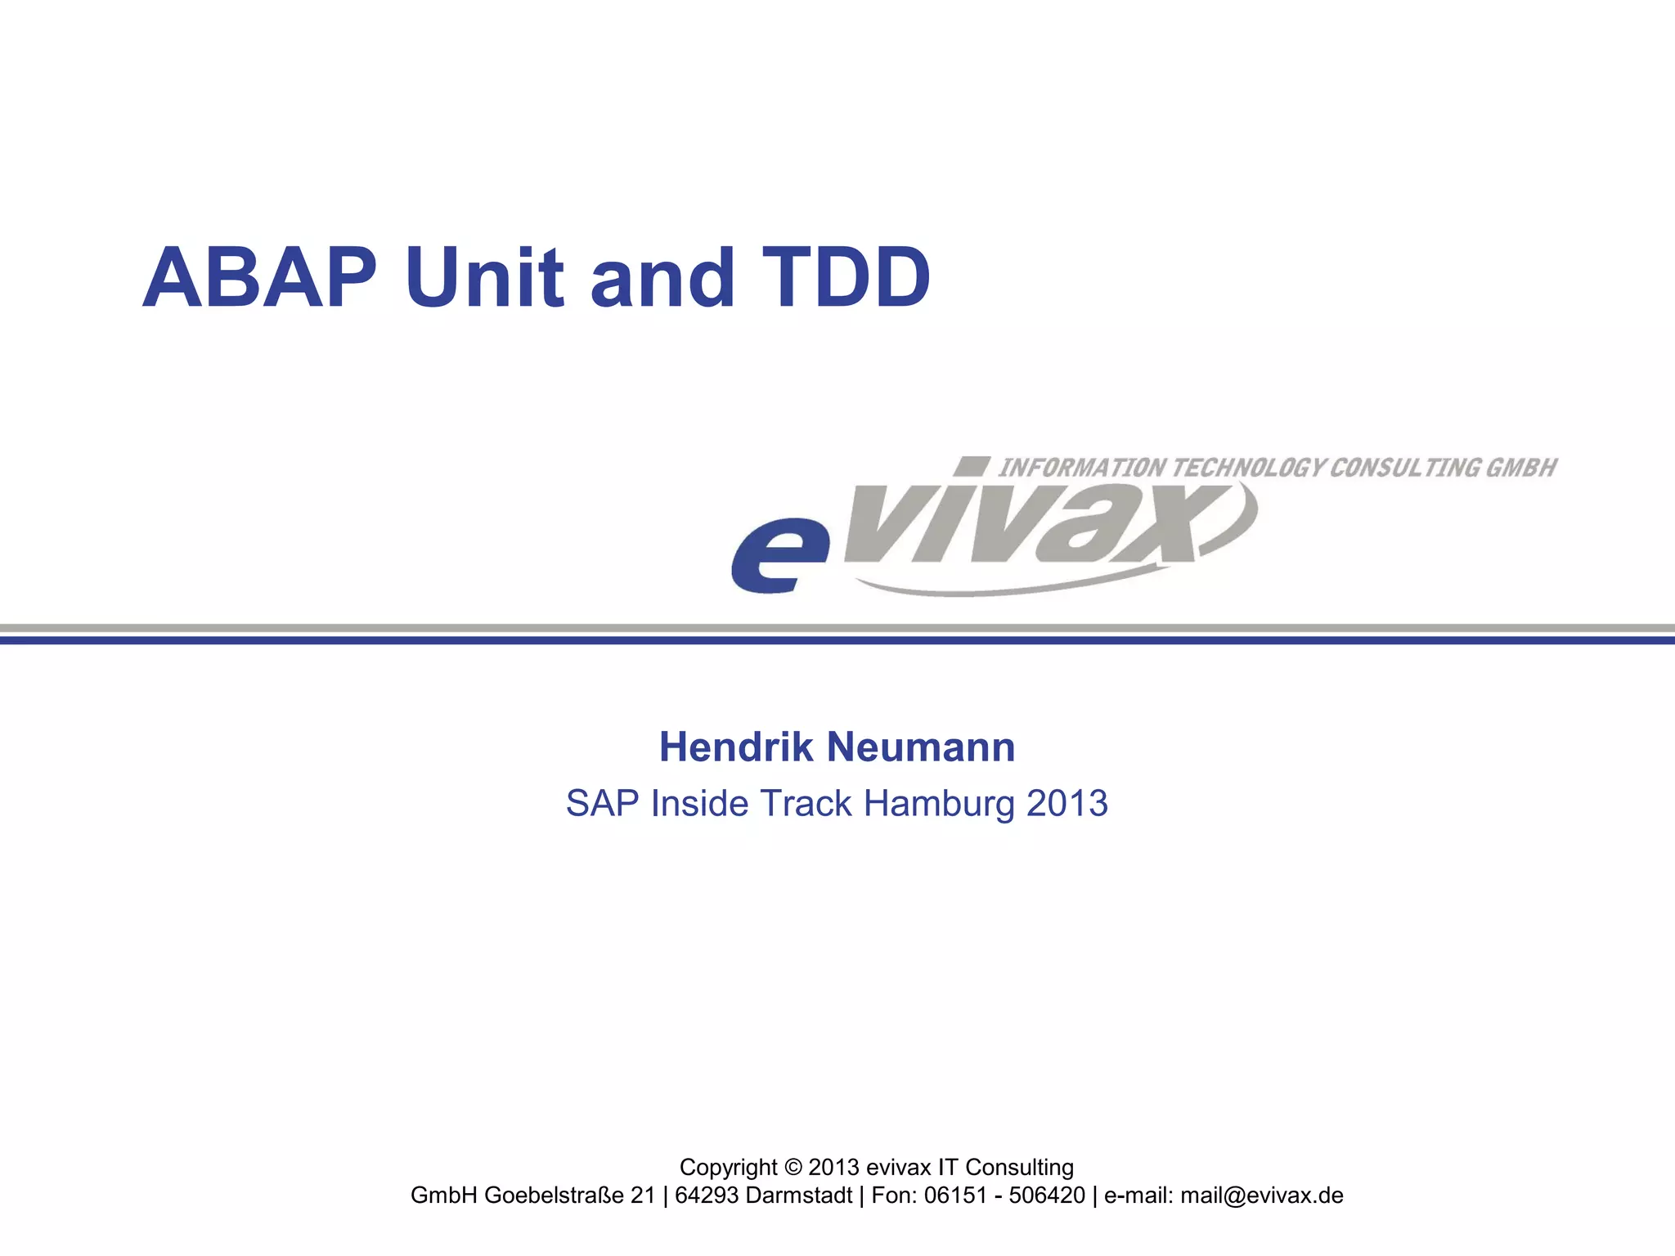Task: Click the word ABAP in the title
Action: [x=260, y=278]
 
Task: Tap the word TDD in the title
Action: [x=846, y=278]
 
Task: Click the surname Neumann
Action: [x=921, y=747]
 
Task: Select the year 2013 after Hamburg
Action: [x=1067, y=804]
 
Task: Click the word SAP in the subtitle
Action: [x=602, y=804]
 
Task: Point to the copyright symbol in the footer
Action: [x=793, y=1168]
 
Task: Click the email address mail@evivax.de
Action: [x=1261, y=1195]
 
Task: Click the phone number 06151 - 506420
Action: [x=1004, y=1195]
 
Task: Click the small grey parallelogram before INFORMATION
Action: [x=972, y=466]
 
